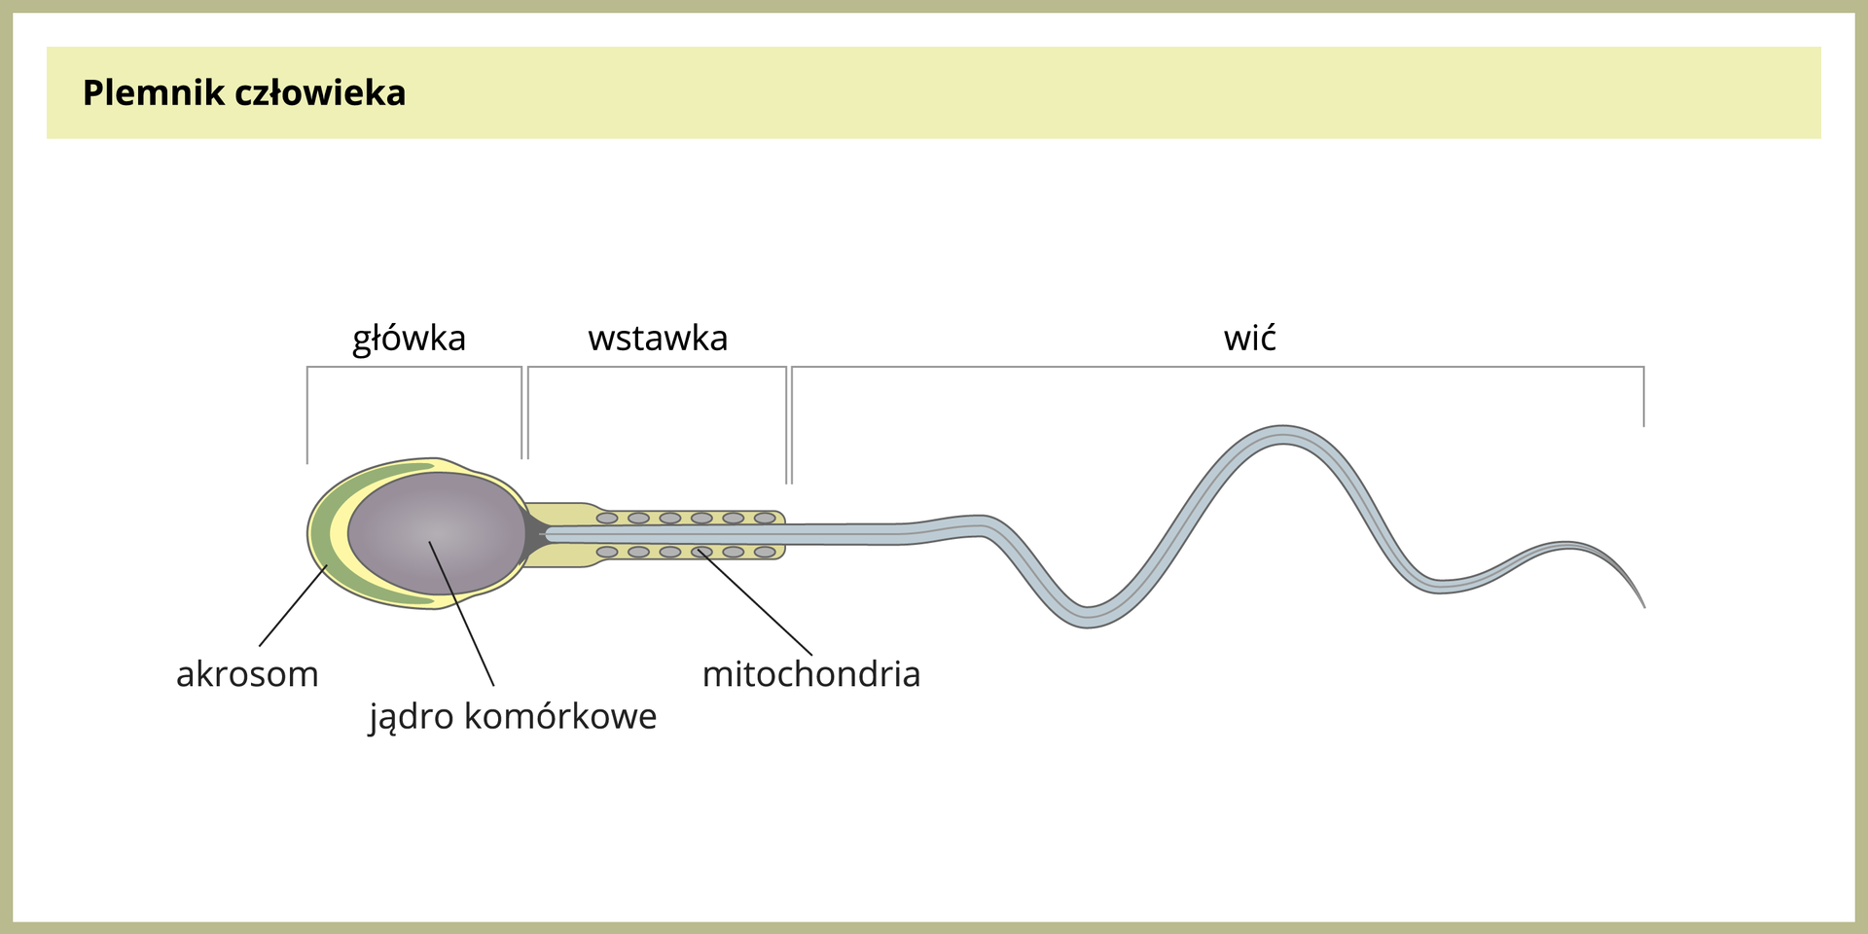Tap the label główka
tap(409, 339)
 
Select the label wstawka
tap(658, 339)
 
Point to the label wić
tap(1249, 339)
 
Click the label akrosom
tap(247, 674)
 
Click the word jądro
tap(412, 717)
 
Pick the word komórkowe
tap(560, 717)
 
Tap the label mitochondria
tap(810, 674)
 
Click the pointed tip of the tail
tap(1642, 605)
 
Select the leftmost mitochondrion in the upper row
tap(607, 519)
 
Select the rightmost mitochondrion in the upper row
tap(765, 519)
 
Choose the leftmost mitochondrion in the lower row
tap(607, 553)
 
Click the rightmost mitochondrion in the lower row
tap(765, 553)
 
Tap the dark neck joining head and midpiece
tap(533, 534)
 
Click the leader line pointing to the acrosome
tap(293, 605)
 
